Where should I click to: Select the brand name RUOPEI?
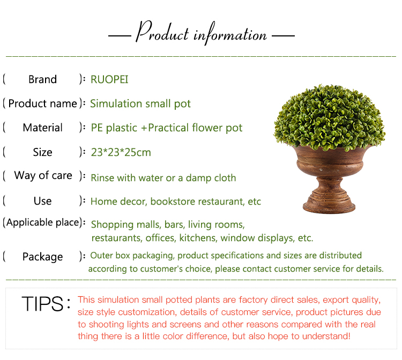[109, 79]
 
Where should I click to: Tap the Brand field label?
[42, 79]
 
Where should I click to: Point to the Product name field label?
[43, 103]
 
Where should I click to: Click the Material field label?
[42, 127]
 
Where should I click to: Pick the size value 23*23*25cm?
[121, 152]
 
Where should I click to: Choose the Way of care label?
[43, 175]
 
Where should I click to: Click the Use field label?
[42, 201]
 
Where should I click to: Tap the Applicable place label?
[43, 222]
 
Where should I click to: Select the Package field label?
[42, 257]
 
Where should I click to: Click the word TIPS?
[43, 304]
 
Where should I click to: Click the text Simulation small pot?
[140, 103]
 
